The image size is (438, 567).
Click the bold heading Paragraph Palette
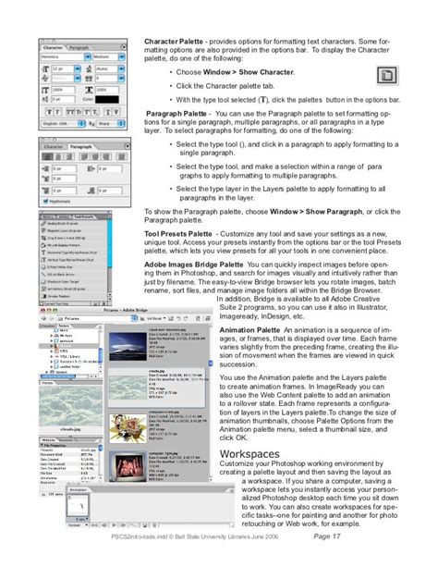[176, 115]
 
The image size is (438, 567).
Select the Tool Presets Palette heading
[178, 235]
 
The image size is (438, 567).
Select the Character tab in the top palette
[52, 47]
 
